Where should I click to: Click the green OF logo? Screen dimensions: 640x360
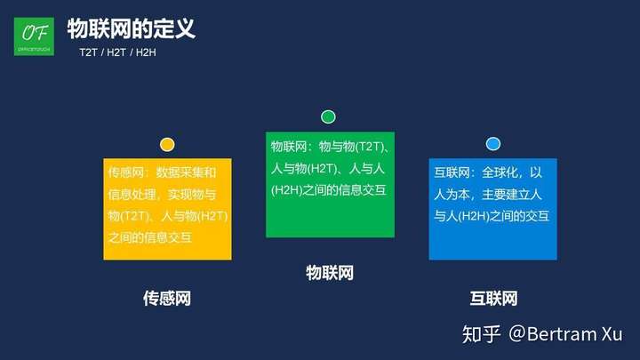[x=34, y=36]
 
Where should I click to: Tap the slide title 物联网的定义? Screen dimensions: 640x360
[x=131, y=28]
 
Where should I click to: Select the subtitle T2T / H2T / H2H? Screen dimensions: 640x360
[x=117, y=52]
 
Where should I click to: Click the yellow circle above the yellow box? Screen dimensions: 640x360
[x=167, y=145]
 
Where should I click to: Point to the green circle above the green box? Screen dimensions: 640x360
[x=328, y=116]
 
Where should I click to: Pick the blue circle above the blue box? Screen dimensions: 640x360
[x=493, y=144]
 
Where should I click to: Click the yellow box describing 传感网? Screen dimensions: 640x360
[x=167, y=209]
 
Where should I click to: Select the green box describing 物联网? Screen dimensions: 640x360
[x=330, y=185]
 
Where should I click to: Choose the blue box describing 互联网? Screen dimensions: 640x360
[x=492, y=209]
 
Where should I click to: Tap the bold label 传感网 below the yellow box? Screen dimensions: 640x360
[x=167, y=299]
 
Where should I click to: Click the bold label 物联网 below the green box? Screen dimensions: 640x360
[x=330, y=273]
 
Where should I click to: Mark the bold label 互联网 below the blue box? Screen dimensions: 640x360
[x=493, y=299]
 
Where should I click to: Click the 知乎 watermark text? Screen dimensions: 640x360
[x=481, y=334]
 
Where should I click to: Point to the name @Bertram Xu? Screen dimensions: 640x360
[x=565, y=334]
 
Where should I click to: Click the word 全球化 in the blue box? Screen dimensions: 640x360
[x=500, y=172]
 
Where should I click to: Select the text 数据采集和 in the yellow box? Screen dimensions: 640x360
[x=186, y=172]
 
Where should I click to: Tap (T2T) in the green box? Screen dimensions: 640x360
[x=369, y=147]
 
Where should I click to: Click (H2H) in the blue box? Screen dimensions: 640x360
[x=474, y=216]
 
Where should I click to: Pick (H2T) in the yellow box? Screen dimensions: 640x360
[x=212, y=216]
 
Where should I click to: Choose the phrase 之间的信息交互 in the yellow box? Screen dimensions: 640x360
[x=150, y=237]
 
